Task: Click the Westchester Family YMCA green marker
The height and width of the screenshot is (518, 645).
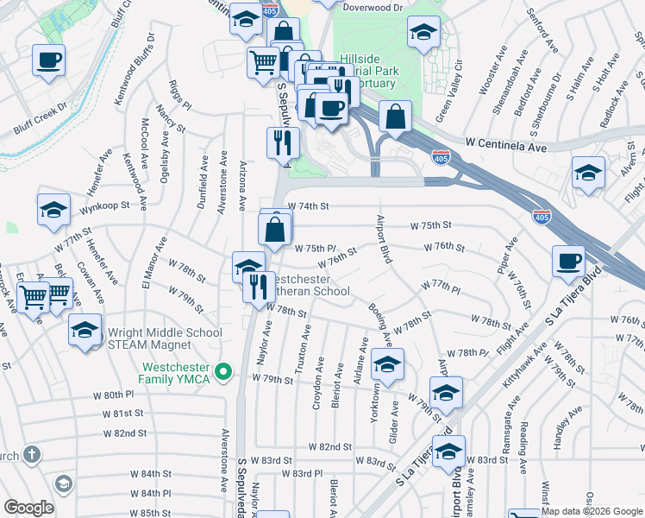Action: [x=223, y=372]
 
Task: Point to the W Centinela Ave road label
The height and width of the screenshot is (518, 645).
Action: [x=505, y=148]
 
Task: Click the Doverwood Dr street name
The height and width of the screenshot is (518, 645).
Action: [x=373, y=7]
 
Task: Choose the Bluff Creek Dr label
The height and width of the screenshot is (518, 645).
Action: [x=41, y=121]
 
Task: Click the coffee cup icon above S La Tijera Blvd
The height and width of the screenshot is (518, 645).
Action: [x=569, y=261]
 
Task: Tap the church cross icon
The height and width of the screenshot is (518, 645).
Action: [x=31, y=454]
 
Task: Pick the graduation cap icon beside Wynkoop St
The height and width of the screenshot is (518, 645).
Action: [x=53, y=210]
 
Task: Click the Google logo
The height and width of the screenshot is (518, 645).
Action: [x=29, y=508]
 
